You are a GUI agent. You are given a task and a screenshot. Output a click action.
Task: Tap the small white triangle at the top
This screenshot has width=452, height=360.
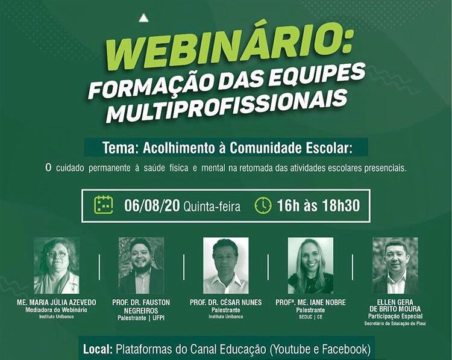point(143,19)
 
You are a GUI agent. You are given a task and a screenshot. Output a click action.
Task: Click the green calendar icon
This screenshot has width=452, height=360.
point(104,205)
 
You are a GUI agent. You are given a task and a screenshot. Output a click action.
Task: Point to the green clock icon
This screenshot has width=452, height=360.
point(263,206)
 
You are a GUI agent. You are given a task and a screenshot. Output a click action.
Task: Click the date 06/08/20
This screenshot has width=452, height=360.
point(152,206)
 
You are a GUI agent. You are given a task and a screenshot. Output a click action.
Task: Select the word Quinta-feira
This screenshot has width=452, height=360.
point(212,206)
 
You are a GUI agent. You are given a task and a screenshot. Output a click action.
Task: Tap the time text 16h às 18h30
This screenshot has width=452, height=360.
point(319,206)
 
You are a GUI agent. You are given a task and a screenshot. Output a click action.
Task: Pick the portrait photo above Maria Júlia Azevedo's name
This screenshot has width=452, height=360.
point(57,265)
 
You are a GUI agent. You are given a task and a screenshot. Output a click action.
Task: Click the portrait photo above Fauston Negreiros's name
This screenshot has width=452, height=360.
point(141,265)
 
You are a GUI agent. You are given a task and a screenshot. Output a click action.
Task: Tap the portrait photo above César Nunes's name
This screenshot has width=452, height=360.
point(226,265)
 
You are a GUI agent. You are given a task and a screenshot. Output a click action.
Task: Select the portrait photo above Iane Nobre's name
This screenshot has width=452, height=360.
point(310,265)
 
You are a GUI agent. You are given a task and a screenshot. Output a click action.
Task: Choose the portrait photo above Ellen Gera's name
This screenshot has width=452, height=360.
point(395,265)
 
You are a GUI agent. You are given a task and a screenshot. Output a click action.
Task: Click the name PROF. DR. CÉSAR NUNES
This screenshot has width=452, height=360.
point(226,302)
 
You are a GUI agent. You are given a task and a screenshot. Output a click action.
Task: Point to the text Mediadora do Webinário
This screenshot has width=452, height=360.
point(56,310)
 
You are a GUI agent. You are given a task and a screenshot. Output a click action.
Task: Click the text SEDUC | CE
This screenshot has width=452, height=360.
point(310,317)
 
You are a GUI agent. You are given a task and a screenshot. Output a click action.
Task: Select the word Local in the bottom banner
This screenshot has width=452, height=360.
point(98,349)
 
